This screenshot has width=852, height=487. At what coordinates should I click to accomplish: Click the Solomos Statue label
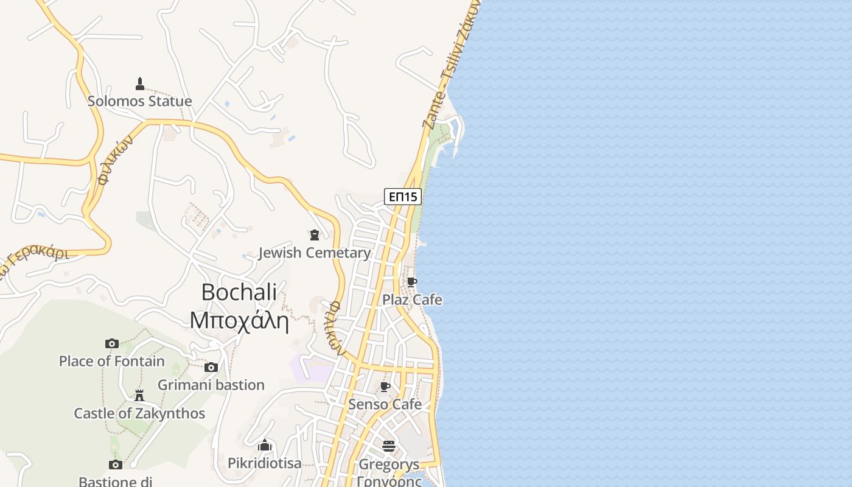click(x=139, y=101)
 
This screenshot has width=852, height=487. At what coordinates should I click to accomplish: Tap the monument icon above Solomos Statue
click(x=140, y=84)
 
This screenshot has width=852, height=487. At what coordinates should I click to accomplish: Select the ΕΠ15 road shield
click(x=403, y=196)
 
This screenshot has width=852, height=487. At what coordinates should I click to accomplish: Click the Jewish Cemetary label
click(x=315, y=253)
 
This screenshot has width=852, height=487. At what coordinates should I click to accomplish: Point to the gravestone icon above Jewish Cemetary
click(x=315, y=235)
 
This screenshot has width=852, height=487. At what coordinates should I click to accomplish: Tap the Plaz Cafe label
click(x=412, y=300)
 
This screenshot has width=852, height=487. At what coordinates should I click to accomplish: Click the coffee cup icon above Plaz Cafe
click(x=412, y=282)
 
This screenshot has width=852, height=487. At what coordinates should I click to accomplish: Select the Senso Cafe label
click(x=385, y=404)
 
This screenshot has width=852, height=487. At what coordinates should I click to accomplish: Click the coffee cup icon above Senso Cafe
click(x=385, y=387)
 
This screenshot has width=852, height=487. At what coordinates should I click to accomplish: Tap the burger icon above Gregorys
click(x=389, y=446)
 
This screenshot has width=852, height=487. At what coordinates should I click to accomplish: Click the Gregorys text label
click(x=389, y=464)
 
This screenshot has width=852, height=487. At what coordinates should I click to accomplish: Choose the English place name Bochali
click(x=239, y=292)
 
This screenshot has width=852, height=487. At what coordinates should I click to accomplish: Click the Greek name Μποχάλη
click(x=239, y=320)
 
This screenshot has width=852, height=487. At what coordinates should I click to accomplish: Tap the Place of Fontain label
click(x=111, y=361)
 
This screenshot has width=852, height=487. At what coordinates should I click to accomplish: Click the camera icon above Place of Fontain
click(x=111, y=343)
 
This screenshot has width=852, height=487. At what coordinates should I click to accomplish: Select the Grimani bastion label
click(x=211, y=385)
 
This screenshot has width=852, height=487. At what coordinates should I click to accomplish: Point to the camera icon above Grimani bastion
click(x=211, y=367)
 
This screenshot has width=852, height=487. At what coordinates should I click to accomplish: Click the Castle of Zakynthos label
click(x=139, y=413)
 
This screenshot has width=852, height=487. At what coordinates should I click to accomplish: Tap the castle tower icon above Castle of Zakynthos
click(x=139, y=396)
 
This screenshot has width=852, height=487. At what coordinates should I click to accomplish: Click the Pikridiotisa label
click(x=264, y=463)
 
